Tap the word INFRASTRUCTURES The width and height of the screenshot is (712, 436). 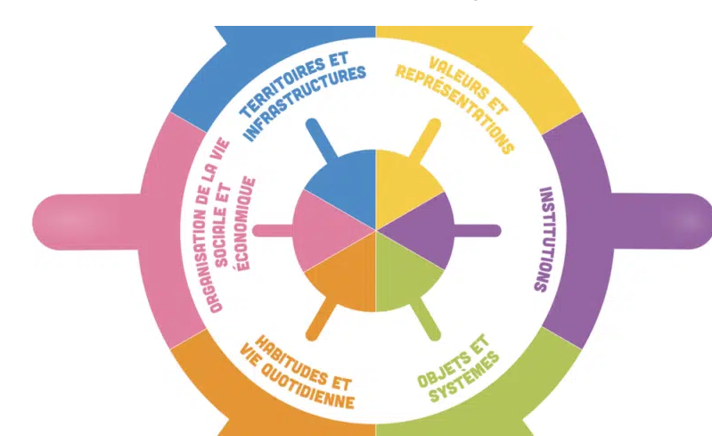coord(305,103)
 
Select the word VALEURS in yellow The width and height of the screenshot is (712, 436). coord(456,78)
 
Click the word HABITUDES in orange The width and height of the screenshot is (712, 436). coord(290,358)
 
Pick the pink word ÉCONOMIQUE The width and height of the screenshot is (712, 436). coord(244,224)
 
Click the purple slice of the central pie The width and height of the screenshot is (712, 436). coord(424,230)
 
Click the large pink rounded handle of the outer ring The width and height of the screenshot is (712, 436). coord(86,222)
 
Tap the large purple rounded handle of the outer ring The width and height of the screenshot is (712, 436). coord(660,222)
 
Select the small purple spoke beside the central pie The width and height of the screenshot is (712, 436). coord(477,231)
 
